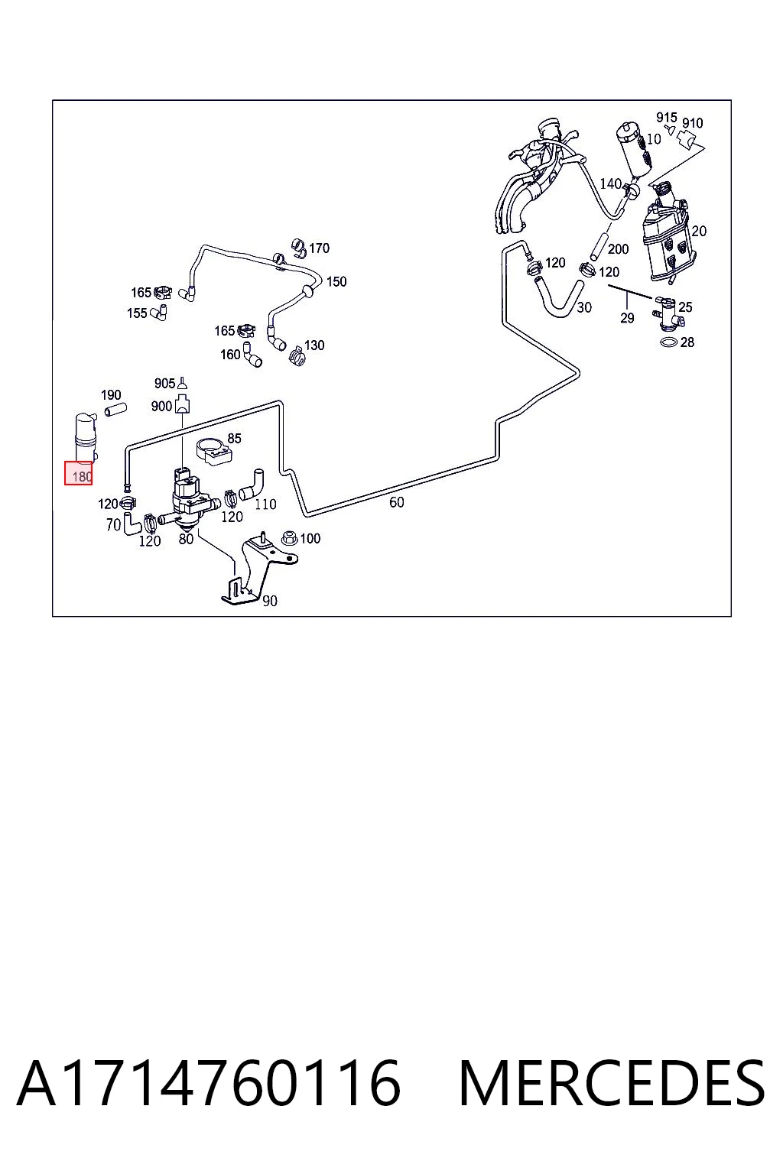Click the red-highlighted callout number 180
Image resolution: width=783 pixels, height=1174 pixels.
[82, 476]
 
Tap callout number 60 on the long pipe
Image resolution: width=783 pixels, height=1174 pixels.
[397, 502]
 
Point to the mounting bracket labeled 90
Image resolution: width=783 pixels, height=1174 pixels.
[258, 571]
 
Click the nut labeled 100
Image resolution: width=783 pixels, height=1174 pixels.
[290, 538]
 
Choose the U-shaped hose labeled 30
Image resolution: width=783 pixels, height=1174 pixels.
[557, 297]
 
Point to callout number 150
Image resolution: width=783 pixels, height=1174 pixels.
[336, 281]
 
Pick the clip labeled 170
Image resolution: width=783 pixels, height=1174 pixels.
[300, 248]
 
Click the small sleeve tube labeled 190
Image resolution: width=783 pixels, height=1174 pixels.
[115, 410]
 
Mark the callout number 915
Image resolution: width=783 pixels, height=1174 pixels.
[667, 118]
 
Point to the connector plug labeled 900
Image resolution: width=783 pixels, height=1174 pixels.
[183, 404]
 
